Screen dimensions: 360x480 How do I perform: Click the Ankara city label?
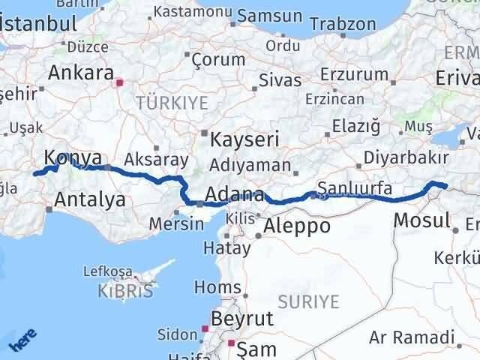(79, 73)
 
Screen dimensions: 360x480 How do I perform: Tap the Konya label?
(73, 158)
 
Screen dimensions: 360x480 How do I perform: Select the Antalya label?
(89, 199)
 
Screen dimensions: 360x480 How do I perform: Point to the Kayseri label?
(244, 139)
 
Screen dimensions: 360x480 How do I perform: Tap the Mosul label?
(421, 220)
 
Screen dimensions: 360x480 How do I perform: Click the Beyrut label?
(242, 319)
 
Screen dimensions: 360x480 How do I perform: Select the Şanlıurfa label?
(355, 189)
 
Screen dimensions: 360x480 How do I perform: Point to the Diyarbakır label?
(406, 158)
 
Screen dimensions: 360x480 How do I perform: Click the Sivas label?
(280, 80)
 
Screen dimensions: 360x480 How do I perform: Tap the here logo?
(22, 341)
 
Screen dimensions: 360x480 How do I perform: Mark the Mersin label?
(176, 223)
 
